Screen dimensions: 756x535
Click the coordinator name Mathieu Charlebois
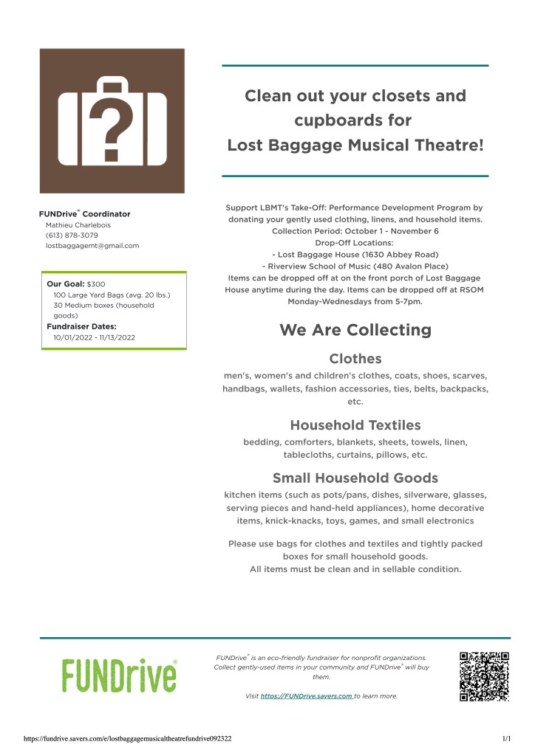[x=78, y=224]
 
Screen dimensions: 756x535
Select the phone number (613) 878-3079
[x=72, y=235]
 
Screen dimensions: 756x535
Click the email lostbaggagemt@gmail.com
[x=92, y=245]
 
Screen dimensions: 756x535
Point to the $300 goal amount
[x=96, y=283]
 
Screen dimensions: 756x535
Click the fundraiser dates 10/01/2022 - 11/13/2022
[x=94, y=337]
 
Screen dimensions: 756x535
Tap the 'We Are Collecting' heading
[x=355, y=329]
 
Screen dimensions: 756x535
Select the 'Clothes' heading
[x=355, y=359]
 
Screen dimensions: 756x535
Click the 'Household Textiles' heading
[x=355, y=425]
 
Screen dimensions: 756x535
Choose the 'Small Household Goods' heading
[x=355, y=477]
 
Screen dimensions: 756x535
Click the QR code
[x=484, y=676]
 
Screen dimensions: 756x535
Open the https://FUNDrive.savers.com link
[x=306, y=695]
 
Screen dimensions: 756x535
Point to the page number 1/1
[x=506, y=738]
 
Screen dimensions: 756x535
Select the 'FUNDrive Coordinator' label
[x=84, y=214]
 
